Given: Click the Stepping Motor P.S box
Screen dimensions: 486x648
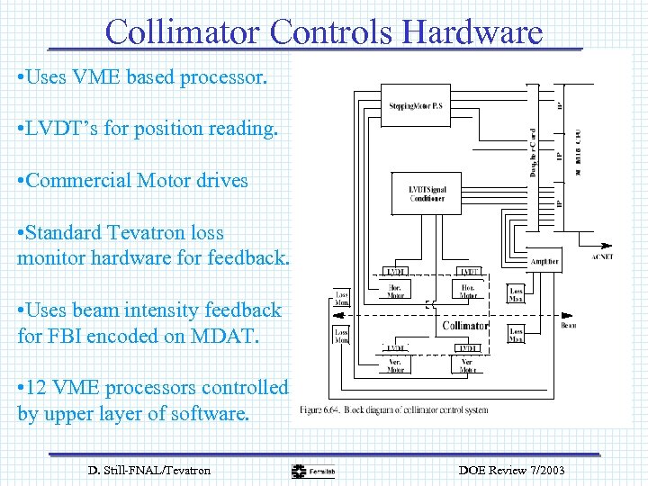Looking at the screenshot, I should pyautogui.click(x=414, y=105).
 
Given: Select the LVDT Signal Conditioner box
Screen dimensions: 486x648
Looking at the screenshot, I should pyautogui.click(x=427, y=193).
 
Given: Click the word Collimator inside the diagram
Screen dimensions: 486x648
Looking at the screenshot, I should pyautogui.click(x=464, y=325).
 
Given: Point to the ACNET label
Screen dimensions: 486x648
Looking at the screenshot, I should pyautogui.click(x=601, y=256).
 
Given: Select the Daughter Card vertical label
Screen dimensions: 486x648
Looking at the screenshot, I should pyautogui.click(x=533, y=152).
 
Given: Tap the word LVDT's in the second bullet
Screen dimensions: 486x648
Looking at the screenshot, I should pyautogui.click(x=62, y=129).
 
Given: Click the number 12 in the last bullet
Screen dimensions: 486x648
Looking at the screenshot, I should pyautogui.click(x=40, y=388).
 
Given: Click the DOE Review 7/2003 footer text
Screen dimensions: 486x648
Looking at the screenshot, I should pyautogui.click(x=512, y=470).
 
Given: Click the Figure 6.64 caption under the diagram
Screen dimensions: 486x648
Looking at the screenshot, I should pyautogui.click(x=394, y=410).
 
